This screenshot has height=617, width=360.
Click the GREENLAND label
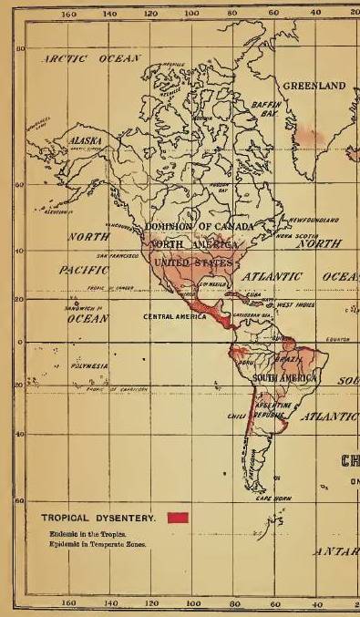[x=314, y=86]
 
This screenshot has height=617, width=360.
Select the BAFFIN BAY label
[x=271, y=110]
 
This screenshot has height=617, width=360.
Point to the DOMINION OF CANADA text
[x=201, y=226]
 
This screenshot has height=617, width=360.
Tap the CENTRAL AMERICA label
[x=176, y=316]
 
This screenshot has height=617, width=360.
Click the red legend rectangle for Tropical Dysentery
[x=178, y=518]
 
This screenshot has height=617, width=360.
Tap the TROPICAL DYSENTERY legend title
[x=99, y=518]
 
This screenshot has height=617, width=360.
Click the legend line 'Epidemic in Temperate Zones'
[x=95, y=542]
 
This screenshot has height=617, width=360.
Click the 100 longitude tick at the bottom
[x=192, y=603]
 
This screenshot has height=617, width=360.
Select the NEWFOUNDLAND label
[x=314, y=220]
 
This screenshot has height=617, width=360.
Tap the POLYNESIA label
[x=90, y=365]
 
